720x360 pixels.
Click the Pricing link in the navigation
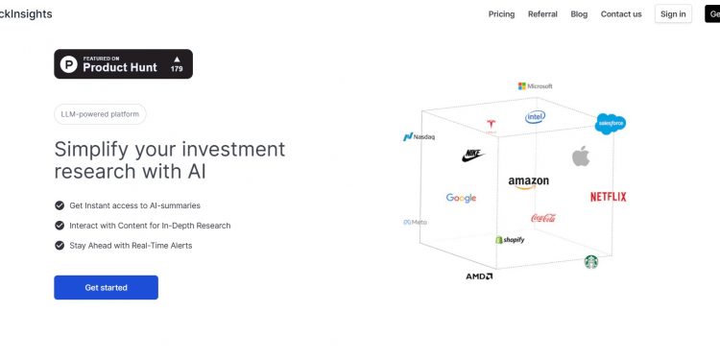[501, 14]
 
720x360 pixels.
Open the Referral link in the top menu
[542, 14]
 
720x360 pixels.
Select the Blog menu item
[579, 14]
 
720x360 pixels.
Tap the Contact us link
[621, 14]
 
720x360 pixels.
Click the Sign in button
[673, 14]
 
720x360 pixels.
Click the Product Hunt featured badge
[123, 64]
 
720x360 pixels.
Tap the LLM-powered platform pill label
[100, 114]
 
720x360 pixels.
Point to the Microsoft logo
[536, 86]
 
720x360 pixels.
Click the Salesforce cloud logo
[611, 123]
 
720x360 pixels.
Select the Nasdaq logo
[419, 137]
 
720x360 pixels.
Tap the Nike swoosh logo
[473, 154]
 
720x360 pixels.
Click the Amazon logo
[528, 182]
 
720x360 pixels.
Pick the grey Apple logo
[580, 156]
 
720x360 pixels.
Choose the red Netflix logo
[608, 197]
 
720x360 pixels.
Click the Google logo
[461, 198]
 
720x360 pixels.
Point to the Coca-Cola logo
[542, 218]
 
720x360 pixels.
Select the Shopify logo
[510, 239]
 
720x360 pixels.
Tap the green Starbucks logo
[591, 261]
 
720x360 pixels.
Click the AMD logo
[479, 276]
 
